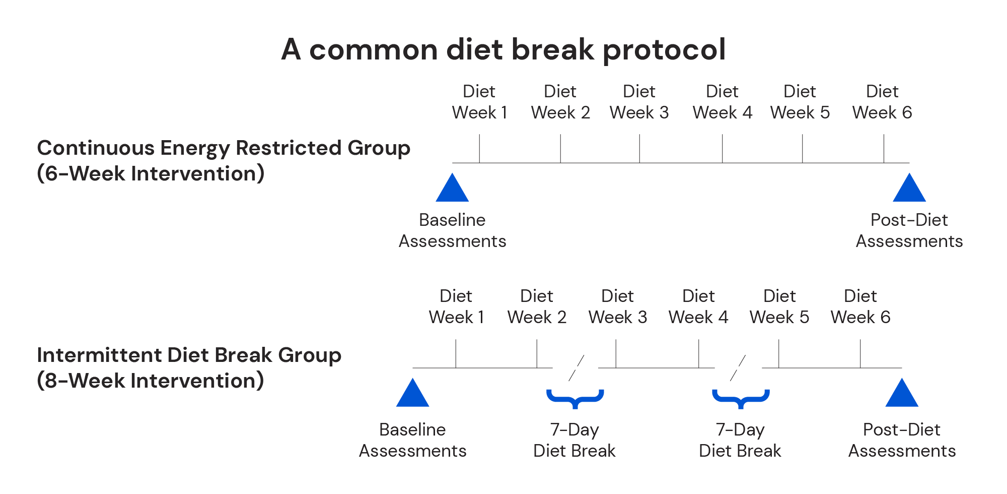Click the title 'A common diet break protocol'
click(x=503, y=49)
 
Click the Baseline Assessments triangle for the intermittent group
click(x=412, y=394)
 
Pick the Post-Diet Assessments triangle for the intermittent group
click(x=901, y=394)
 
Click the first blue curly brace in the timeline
click(x=575, y=398)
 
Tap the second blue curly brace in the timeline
click(x=741, y=398)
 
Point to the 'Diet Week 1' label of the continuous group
click(x=479, y=102)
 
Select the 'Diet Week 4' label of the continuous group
click(x=722, y=102)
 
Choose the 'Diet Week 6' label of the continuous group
click(x=882, y=102)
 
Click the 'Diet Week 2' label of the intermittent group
click(x=537, y=306)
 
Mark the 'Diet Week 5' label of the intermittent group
click(x=779, y=306)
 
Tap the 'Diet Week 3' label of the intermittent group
click(x=617, y=306)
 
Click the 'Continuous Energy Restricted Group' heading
click(x=224, y=148)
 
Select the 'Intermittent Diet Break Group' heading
click(x=189, y=355)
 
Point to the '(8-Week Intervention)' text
click(x=151, y=381)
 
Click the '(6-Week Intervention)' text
click(x=151, y=173)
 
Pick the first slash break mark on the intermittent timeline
click(x=576, y=368)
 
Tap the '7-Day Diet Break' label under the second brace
click(x=740, y=440)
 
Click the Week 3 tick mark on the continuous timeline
click(x=639, y=149)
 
